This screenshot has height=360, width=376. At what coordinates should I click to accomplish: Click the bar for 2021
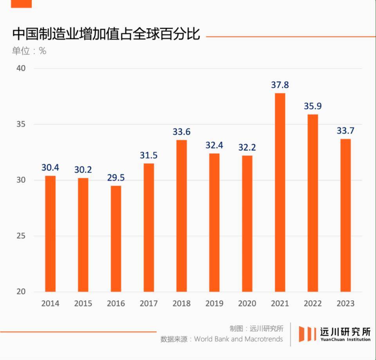[x=280, y=192]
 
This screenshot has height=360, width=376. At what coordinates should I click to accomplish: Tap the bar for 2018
[x=181, y=215]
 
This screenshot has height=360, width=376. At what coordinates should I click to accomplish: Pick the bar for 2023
[x=345, y=215]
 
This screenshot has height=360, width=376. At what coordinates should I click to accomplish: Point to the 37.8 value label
[x=280, y=85]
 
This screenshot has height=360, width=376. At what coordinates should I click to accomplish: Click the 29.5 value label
[x=116, y=177]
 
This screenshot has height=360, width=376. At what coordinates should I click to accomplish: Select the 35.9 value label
[x=313, y=106]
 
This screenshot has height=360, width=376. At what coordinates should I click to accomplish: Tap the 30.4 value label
[x=51, y=168]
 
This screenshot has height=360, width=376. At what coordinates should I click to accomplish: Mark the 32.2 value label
[x=247, y=147]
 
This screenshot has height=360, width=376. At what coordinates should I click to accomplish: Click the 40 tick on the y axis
[x=21, y=69]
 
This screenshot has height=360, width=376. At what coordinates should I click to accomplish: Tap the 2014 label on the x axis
[x=51, y=304]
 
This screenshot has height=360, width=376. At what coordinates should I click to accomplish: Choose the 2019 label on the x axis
[x=214, y=304]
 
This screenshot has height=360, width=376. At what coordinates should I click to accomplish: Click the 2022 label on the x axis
[x=313, y=304]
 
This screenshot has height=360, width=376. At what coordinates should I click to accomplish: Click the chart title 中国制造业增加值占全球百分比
[x=106, y=34]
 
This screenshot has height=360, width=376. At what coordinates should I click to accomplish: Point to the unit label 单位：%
[x=29, y=51]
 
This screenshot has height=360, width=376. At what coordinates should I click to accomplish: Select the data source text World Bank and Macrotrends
[x=238, y=339]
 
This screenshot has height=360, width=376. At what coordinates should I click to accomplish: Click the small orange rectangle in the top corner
[x=21, y=4]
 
